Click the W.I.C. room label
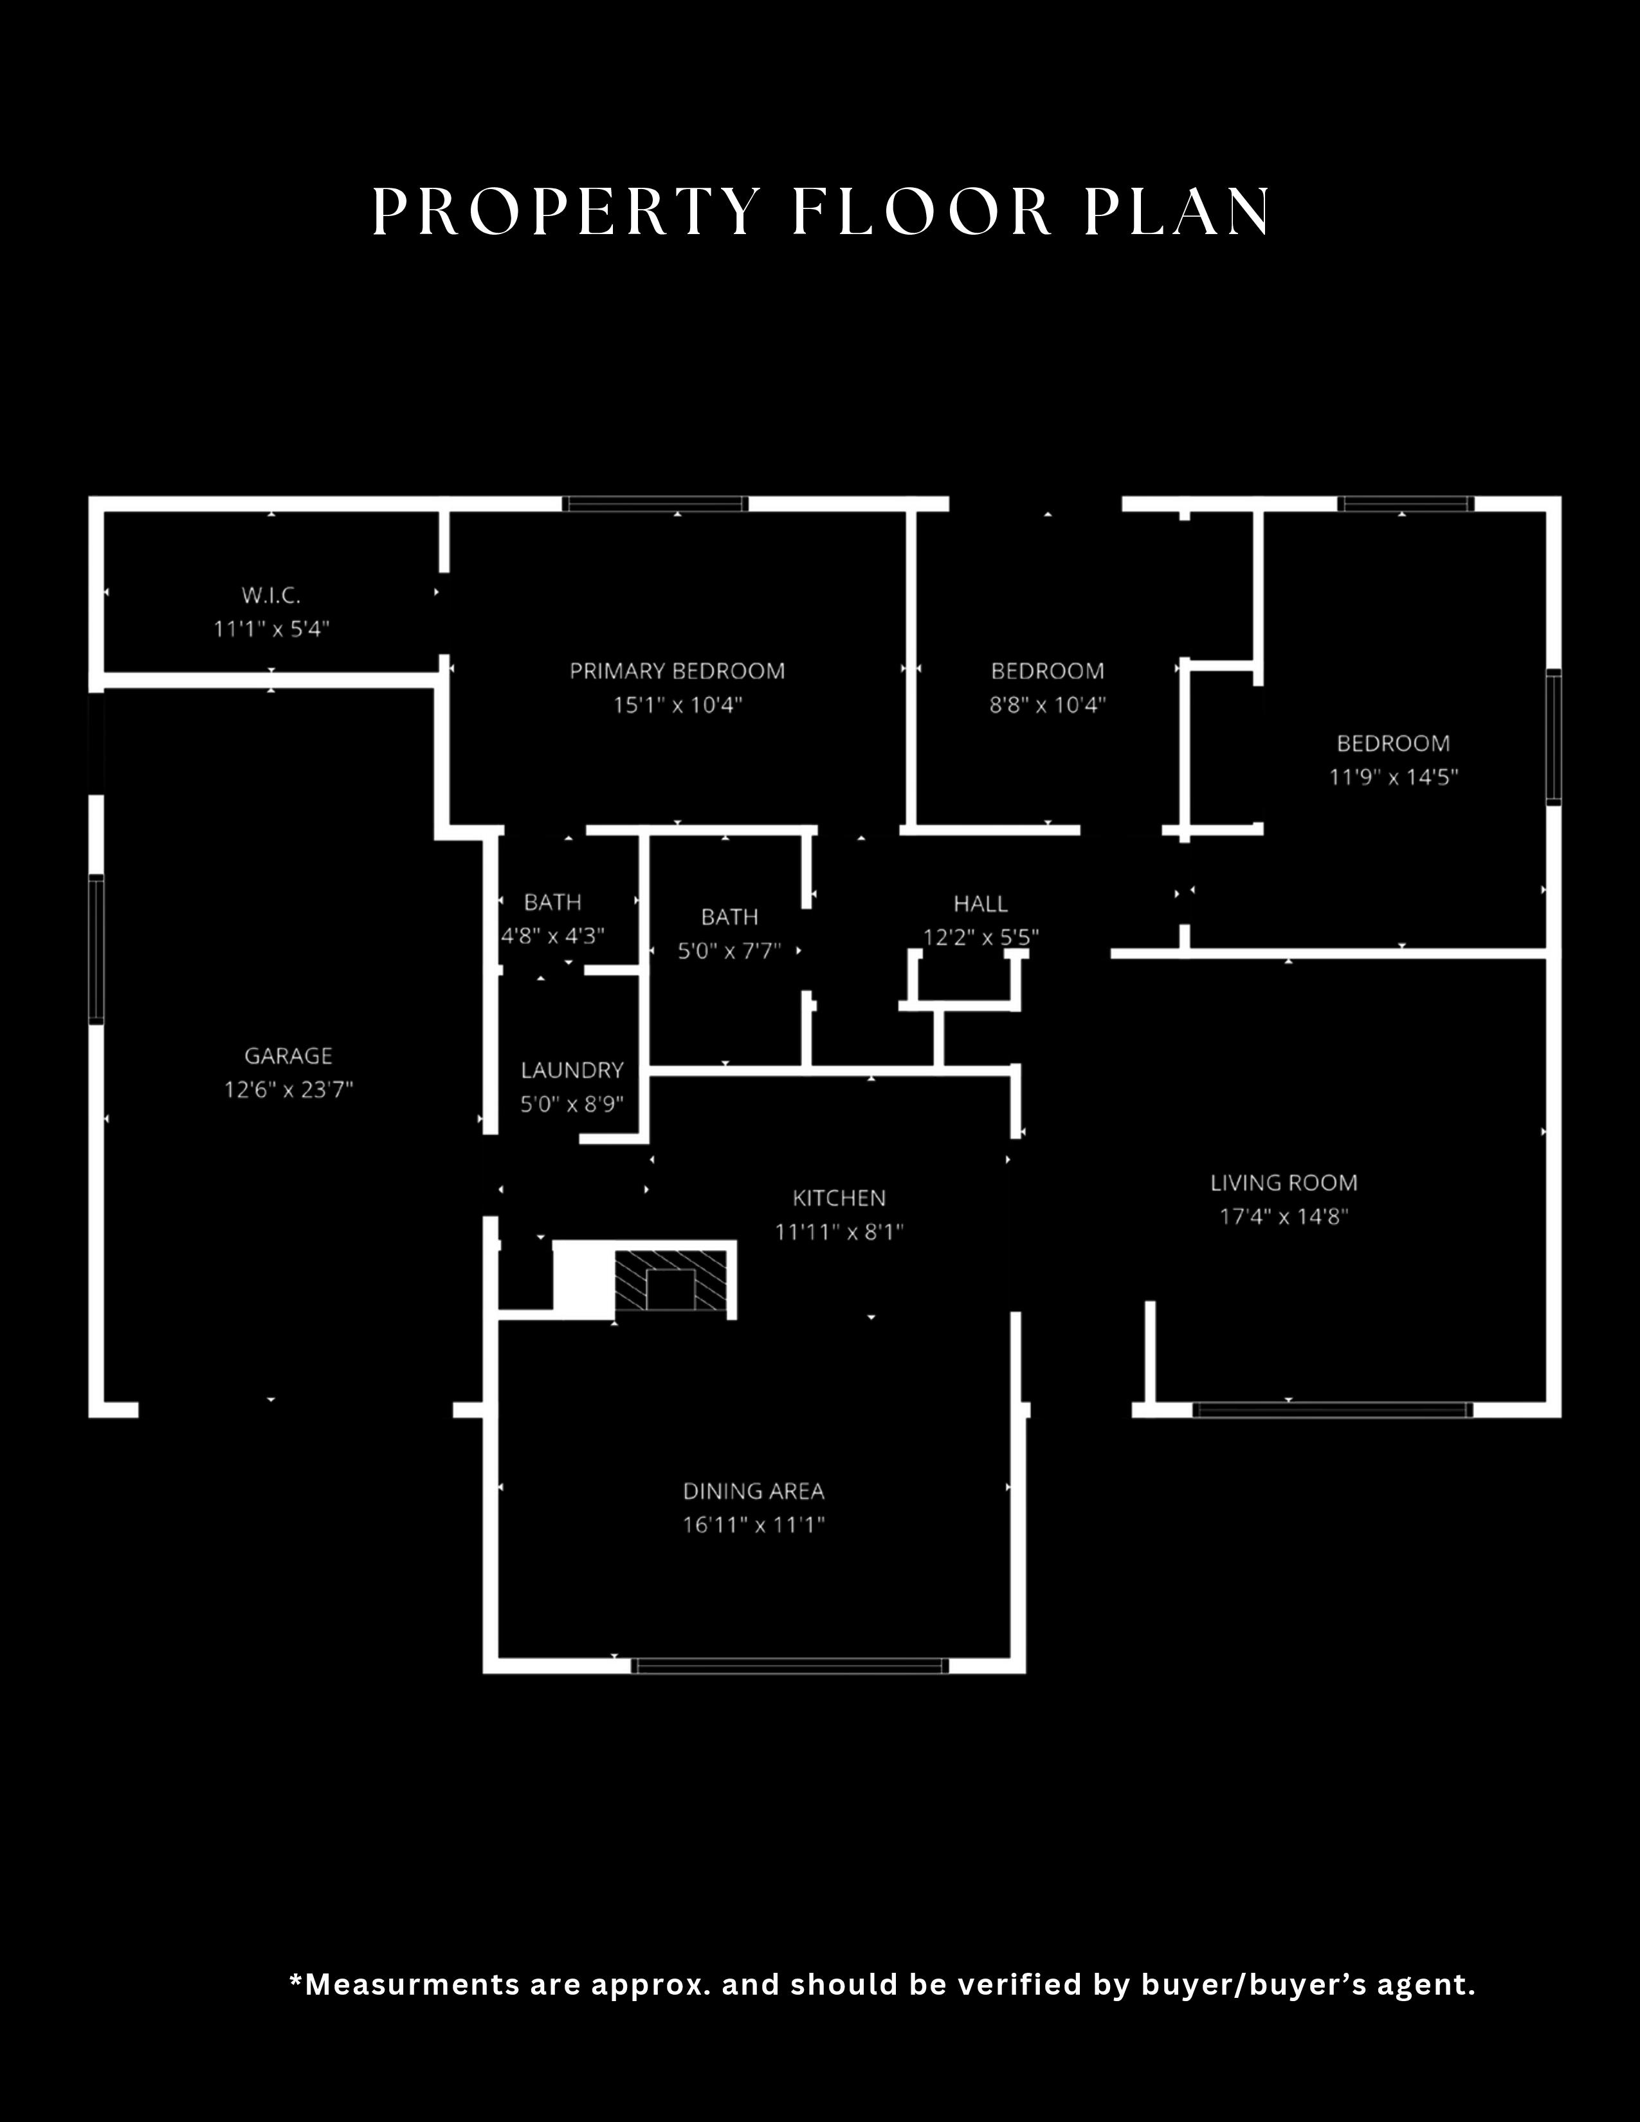click(271, 595)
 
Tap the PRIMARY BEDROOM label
click(677, 671)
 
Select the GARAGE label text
click(289, 1055)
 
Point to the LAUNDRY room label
click(572, 1070)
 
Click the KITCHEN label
click(839, 1198)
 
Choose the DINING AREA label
click(754, 1491)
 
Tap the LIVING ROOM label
click(1284, 1183)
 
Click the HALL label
click(980, 903)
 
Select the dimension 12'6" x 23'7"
click(289, 1090)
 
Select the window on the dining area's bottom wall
click(790, 1665)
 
